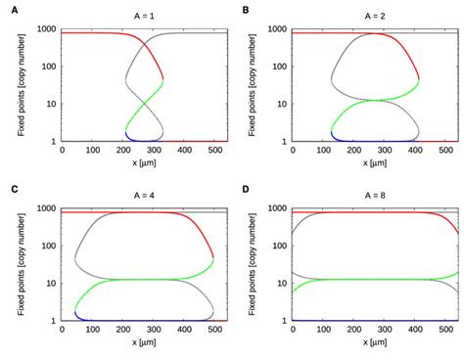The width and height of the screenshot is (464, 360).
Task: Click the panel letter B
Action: pos(246,9)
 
